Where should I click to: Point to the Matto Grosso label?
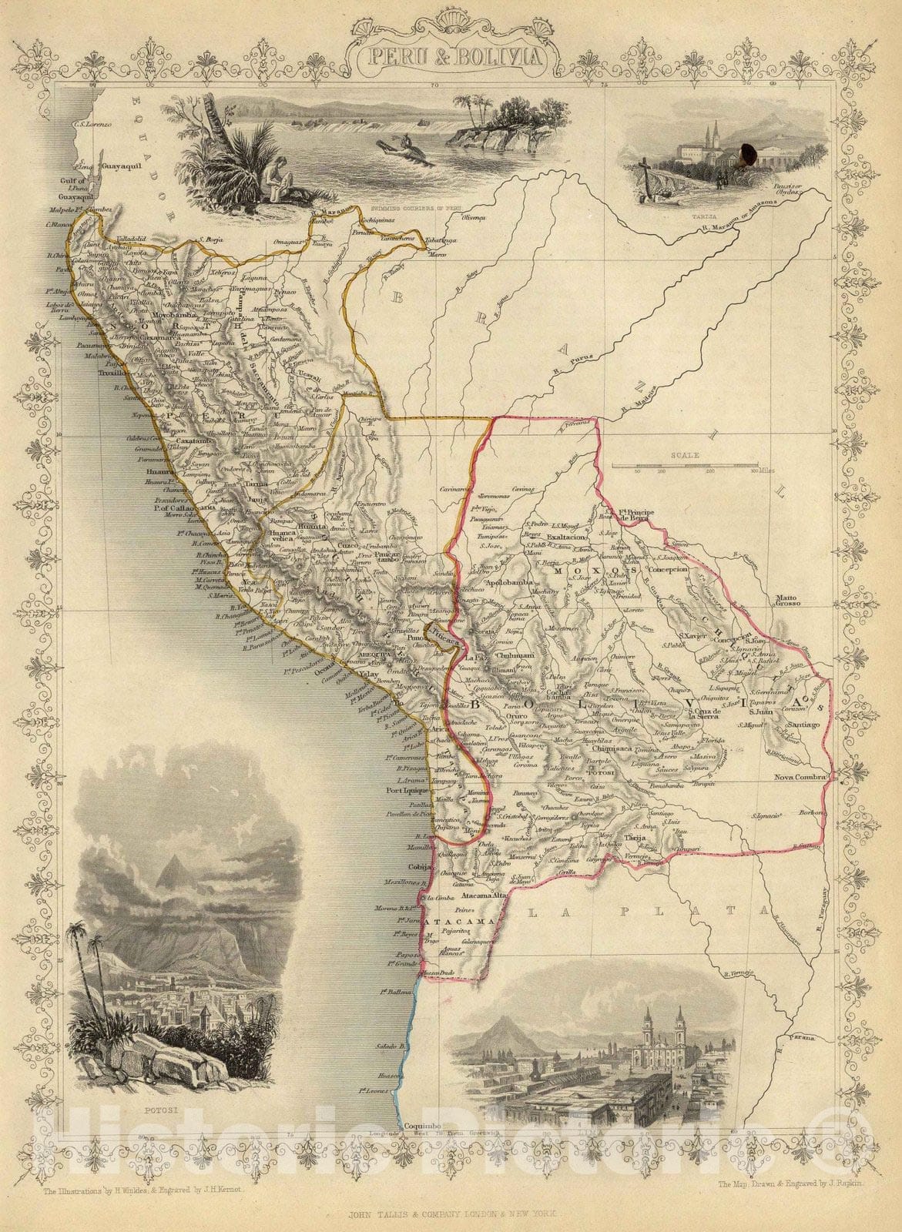click(x=789, y=599)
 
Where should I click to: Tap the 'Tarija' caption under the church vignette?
click(x=701, y=196)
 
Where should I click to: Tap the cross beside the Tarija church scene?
click(x=649, y=162)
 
